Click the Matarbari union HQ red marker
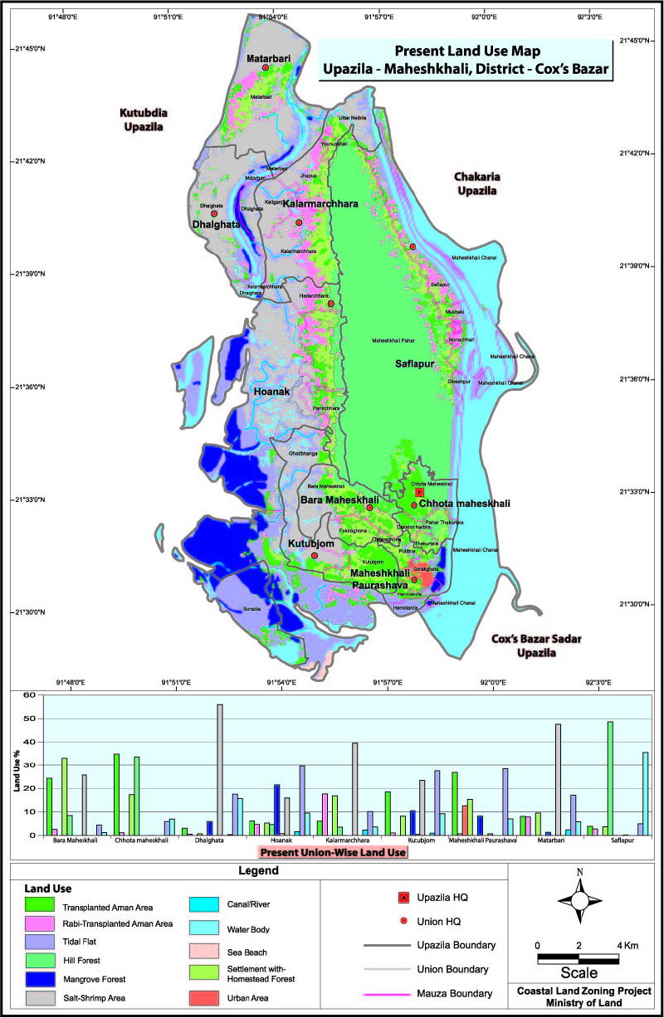click(x=266, y=68)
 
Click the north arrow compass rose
click(x=580, y=902)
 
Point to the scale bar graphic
click(x=578, y=959)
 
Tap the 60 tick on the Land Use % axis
click(x=29, y=695)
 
